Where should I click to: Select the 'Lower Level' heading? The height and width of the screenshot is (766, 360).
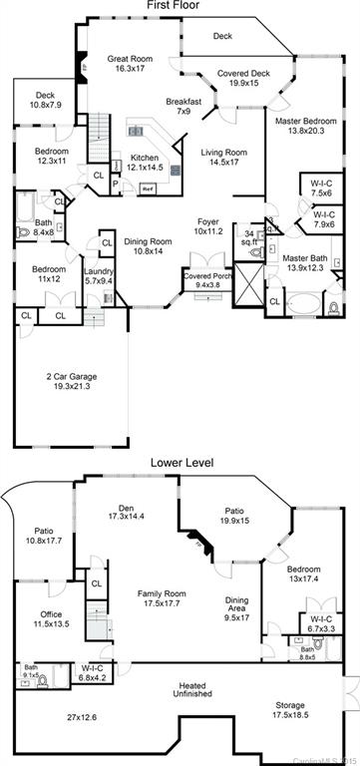180,462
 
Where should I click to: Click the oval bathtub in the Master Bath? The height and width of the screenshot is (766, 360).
299,306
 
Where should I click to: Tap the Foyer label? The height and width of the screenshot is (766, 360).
206,226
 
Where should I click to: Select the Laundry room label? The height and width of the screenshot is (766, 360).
99,276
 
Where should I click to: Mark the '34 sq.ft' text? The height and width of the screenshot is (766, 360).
249,237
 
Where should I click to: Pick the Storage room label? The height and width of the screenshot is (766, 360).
290,711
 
